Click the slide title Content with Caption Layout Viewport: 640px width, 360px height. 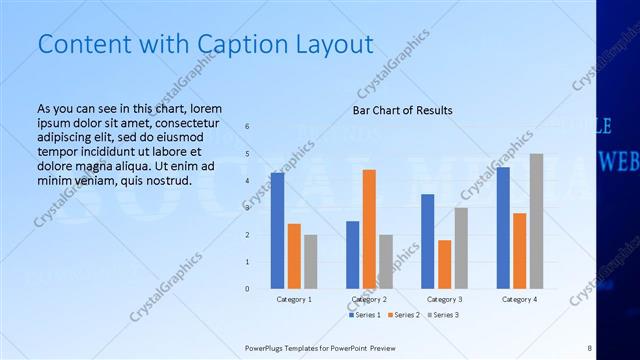(205, 44)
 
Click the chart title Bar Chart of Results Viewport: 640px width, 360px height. (402, 110)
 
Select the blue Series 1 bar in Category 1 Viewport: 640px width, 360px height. (277, 230)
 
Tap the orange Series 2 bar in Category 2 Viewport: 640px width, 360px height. (369, 229)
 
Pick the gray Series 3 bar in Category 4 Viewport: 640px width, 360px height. (536, 221)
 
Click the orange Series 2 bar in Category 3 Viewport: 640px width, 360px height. (444, 264)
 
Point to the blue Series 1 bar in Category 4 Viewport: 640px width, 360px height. (503, 227)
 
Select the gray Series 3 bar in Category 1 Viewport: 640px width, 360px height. (310, 261)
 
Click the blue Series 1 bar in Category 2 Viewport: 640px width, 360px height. (352, 254)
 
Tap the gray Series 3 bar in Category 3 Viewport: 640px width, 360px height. (461, 247)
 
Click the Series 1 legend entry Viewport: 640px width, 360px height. (366, 315)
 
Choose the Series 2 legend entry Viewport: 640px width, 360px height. (403, 315)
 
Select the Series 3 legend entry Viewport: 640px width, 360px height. (441, 315)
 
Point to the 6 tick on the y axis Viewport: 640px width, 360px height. (247, 126)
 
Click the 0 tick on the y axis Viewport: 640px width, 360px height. (247, 289)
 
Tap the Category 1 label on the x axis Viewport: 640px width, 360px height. (294, 299)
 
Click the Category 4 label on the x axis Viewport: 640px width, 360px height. (519, 299)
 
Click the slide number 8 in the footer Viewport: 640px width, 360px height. (590, 348)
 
